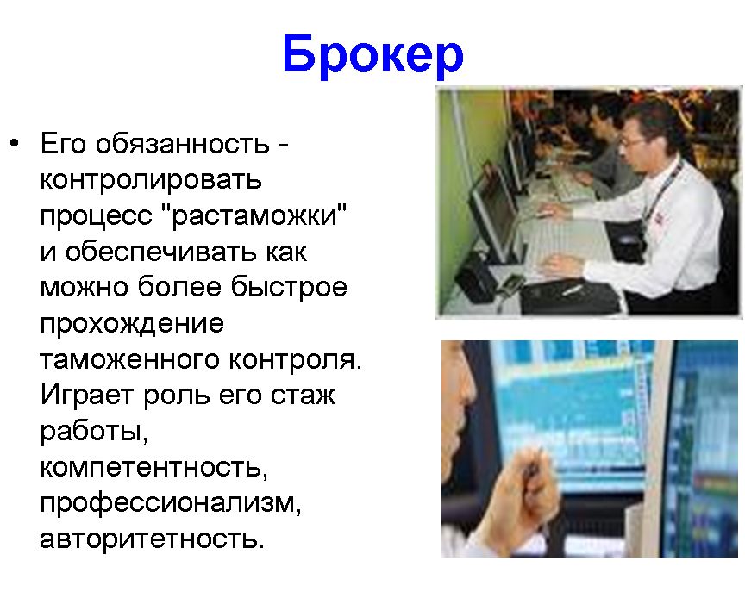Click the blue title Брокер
coord(373,55)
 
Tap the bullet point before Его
coord(15,142)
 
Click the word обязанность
coord(183,143)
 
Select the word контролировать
coord(151,180)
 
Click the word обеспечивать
coord(160,252)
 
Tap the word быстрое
coord(289,288)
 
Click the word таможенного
coord(129,359)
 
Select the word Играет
coord(86,396)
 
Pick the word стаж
coord(303,396)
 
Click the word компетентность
coord(153,467)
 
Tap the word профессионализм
coord(171,503)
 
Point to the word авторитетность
coord(152,539)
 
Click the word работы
coord(94,432)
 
